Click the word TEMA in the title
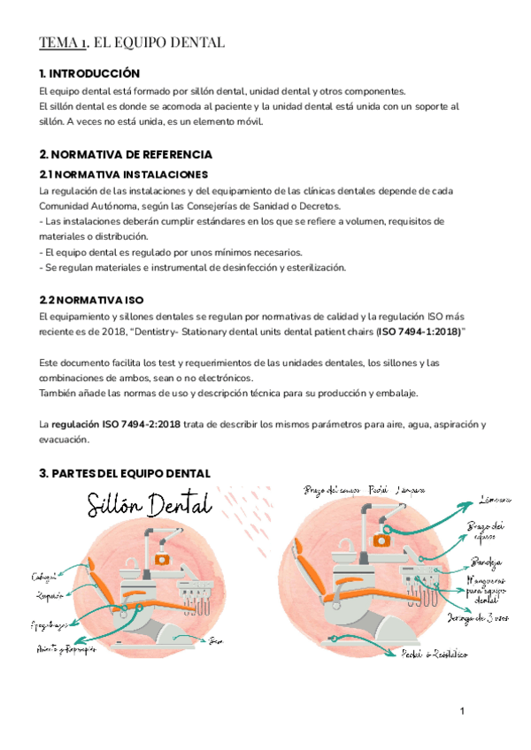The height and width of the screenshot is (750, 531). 58,42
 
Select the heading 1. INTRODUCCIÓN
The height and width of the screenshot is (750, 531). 90,73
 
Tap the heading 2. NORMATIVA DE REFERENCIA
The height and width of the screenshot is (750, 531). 126,155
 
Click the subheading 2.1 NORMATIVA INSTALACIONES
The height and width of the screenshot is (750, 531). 124,174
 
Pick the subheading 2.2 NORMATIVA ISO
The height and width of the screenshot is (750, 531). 91,301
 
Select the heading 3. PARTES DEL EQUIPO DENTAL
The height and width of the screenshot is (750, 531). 125,473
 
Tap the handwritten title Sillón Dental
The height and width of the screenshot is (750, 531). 150,506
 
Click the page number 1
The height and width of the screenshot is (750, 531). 462,711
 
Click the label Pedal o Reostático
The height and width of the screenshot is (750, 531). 435,654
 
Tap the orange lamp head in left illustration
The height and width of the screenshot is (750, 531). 162,559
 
